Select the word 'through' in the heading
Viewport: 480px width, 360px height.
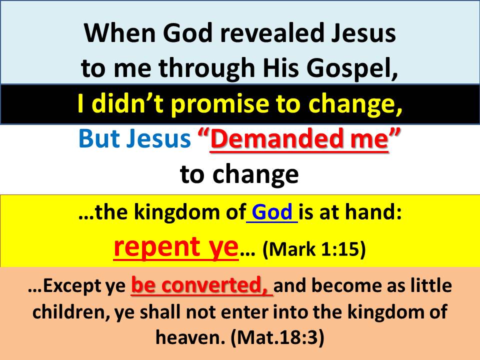pos(206,68)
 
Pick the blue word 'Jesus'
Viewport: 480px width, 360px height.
pos(159,138)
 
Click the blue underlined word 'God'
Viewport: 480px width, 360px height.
pos(272,212)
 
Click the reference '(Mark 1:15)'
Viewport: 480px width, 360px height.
pos(314,248)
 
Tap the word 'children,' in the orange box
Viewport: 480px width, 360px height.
pos(70,312)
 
